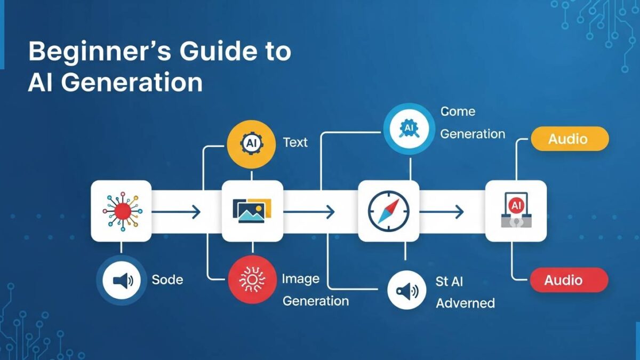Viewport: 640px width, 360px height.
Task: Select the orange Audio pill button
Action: point(569,139)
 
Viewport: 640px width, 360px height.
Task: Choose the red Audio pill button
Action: point(569,280)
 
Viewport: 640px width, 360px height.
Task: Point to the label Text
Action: point(295,142)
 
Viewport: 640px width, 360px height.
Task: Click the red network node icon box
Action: point(122,211)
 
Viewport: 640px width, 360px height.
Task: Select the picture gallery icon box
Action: point(252,211)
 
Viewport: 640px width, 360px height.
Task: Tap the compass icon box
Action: point(388,211)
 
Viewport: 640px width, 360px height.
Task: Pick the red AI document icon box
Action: point(515,211)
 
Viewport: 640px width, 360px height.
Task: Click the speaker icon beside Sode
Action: point(122,280)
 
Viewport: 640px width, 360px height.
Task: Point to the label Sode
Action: point(167,279)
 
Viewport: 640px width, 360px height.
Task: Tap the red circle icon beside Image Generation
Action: point(251,279)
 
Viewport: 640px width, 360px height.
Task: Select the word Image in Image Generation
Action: point(301,279)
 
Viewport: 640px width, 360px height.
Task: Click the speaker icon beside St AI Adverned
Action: point(406,291)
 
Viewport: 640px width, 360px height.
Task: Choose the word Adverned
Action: point(465,303)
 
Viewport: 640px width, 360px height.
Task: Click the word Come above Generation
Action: point(458,111)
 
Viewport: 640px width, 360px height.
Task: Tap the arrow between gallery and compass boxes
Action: point(309,212)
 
